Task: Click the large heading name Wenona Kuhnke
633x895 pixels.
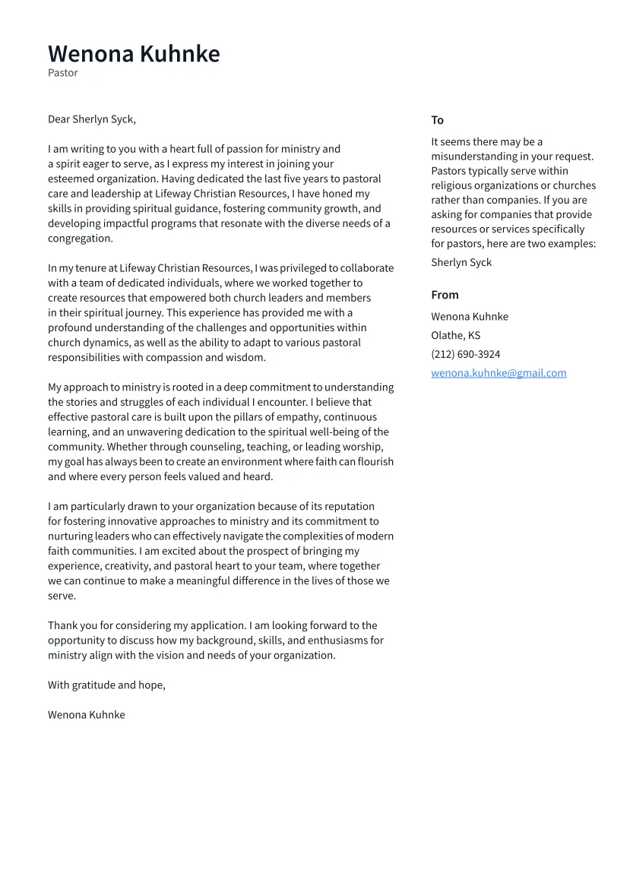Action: [134, 54]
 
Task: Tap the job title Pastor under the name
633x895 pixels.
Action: [63, 73]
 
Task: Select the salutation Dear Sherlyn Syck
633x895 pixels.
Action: [92, 119]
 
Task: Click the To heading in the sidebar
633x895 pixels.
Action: [437, 120]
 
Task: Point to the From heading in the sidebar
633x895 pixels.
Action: [445, 295]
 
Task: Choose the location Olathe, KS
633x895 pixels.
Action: [455, 335]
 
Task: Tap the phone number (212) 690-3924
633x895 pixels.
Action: [465, 354]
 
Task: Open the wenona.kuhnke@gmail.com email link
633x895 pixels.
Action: [498, 373]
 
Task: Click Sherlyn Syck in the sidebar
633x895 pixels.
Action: [461, 262]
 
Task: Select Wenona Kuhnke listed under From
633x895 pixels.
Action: [470, 316]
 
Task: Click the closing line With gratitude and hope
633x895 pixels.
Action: [106, 685]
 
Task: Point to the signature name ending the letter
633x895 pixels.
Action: [87, 714]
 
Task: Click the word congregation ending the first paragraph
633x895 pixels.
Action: [79, 238]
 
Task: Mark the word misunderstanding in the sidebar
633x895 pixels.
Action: [475, 157]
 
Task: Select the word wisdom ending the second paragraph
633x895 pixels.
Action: [245, 357]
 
